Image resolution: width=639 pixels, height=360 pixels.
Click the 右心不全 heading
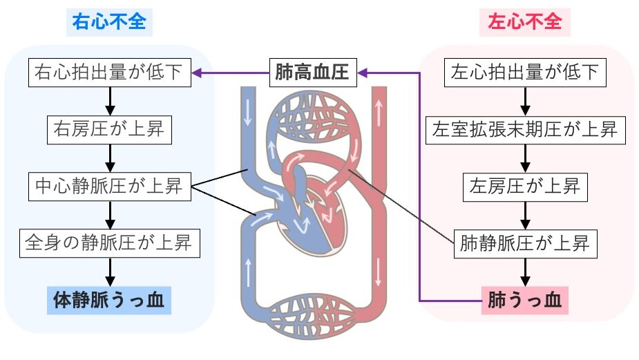click(109, 21)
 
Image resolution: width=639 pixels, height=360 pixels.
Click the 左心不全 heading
click(524, 21)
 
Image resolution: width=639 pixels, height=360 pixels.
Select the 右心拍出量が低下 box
click(109, 72)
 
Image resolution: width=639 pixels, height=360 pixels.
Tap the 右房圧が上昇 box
click(109, 129)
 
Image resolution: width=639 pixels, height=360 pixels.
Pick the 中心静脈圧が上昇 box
click(109, 186)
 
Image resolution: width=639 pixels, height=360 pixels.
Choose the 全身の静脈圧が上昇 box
click(109, 243)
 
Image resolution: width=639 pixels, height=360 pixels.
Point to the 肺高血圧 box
click(313, 72)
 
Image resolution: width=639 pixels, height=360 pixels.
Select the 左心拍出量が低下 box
click(524, 72)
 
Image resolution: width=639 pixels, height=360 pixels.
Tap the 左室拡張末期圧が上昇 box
click(524, 129)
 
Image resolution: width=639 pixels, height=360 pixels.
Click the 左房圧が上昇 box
click(524, 186)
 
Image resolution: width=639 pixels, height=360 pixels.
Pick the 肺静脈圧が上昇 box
click(524, 243)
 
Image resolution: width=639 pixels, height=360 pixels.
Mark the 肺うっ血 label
click(524, 301)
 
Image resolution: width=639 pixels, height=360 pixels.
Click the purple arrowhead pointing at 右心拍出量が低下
click(197, 72)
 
